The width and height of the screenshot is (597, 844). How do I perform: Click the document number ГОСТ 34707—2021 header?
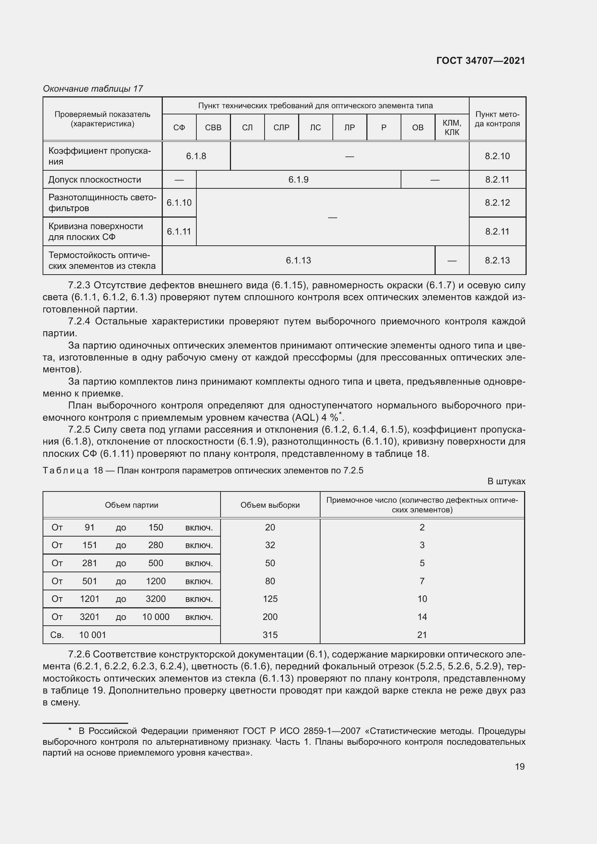coord(480,61)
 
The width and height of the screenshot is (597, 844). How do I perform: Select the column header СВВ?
coord(213,127)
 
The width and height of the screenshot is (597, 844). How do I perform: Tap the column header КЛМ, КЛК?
coord(452,127)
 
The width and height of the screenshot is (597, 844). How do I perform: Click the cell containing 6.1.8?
coord(196,156)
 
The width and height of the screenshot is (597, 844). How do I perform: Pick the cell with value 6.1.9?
coord(298,180)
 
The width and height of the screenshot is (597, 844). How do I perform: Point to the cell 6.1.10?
coord(179,202)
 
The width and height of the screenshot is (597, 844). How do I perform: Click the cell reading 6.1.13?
coord(298,260)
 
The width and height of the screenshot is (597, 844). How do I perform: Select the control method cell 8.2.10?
coord(497,156)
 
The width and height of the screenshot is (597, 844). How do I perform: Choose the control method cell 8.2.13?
coord(497,260)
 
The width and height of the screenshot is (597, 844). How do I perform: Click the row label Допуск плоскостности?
coord(95,180)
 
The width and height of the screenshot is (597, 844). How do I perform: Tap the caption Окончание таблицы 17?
coord(93,89)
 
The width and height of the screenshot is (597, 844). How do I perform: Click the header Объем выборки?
coord(270,505)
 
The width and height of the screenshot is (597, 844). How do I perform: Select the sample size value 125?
coord(270,599)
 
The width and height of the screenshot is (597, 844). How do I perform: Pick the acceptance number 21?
coord(422,635)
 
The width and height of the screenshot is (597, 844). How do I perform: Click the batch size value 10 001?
coord(92,635)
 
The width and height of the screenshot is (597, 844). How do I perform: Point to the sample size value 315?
coord(270,635)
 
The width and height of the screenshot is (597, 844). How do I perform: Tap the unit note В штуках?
coord(506,481)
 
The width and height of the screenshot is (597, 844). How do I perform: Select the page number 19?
coord(519,766)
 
